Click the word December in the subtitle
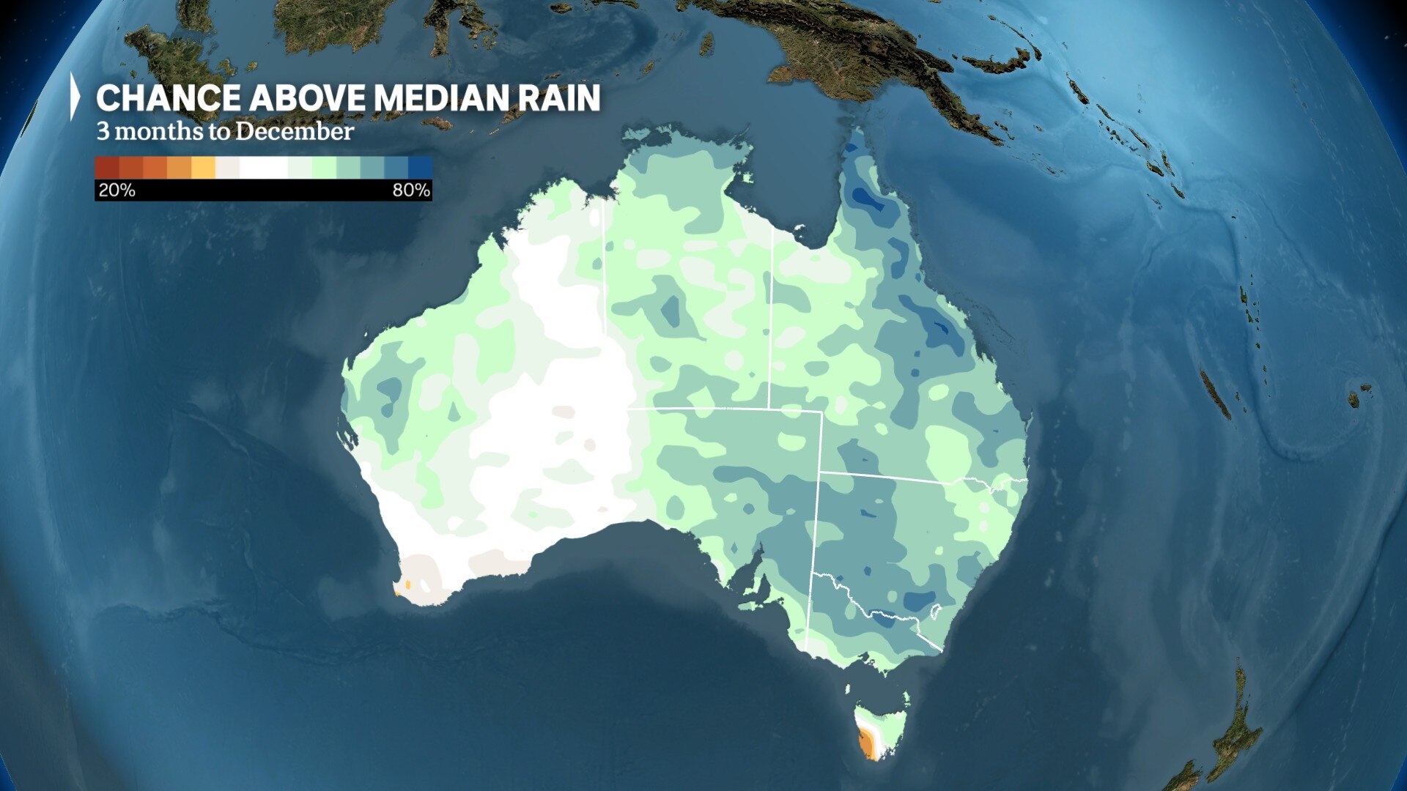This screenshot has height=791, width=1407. (294, 131)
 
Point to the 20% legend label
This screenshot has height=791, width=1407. (117, 190)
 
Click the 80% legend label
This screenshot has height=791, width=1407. (410, 190)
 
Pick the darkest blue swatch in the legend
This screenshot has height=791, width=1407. (421, 168)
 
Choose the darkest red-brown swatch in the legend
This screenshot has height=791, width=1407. (107, 168)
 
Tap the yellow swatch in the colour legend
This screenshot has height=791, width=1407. (203, 168)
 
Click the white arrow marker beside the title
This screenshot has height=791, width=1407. (74, 96)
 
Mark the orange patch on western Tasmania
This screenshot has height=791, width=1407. (868, 744)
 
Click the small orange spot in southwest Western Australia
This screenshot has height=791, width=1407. (407, 585)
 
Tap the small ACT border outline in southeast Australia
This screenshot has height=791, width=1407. (934, 610)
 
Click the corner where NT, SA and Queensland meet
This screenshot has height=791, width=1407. (769, 409)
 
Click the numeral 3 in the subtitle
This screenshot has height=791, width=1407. (103, 132)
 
